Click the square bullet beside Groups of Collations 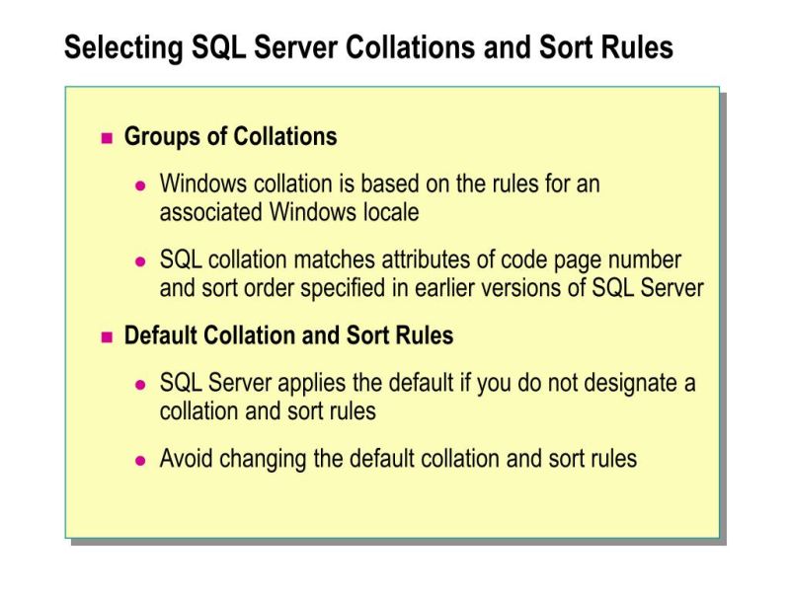pyautogui.click(x=108, y=137)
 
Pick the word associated pyautogui.click(x=210, y=211)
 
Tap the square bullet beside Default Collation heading pyautogui.click(x=108, y=336)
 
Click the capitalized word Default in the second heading pyautogui.click(x=160, y=335)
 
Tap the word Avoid pyautogui.click(x=185, y=459)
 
